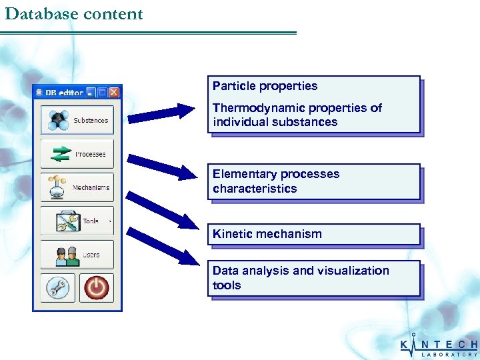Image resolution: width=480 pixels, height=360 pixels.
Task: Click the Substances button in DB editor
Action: pyautogui.click(x=77, y=120)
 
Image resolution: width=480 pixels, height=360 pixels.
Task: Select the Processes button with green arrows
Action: pyautogui.click(x=77, y=154)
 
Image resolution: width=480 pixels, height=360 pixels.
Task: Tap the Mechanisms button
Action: pyautogui.click(x=77, y=187)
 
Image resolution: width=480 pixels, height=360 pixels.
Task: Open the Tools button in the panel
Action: pyautogui.click(x=77, y=221)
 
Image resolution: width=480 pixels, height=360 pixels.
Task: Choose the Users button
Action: pyautogui.click(x=77, y=255)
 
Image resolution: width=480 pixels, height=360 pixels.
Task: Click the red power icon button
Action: pyautogui.click(x=97, y=288)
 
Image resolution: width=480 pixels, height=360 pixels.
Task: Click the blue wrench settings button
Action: pyautogui.click(x=57, y=288)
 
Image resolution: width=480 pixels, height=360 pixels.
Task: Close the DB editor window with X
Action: pyautogui.click(x=114, y=93)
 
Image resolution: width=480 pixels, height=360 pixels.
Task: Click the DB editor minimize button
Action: pyautogui.click(x=91, y=93)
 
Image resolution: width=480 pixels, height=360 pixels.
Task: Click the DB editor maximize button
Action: pyautogui.click(x=103, y=93)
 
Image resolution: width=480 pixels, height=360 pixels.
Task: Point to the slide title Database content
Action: pyautogui.click(x=73, y=14)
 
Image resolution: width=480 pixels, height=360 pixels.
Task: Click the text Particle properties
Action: pyautogui.click(x=265, y=86)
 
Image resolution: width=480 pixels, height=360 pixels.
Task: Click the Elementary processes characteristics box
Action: pyautogui.click(x=314, y=181)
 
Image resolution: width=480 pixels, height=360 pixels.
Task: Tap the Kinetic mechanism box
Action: pyautogui.click(x=314, y=234)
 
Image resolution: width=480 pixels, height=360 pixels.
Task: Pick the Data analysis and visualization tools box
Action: pyautogui.click(x=314, y=278)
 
